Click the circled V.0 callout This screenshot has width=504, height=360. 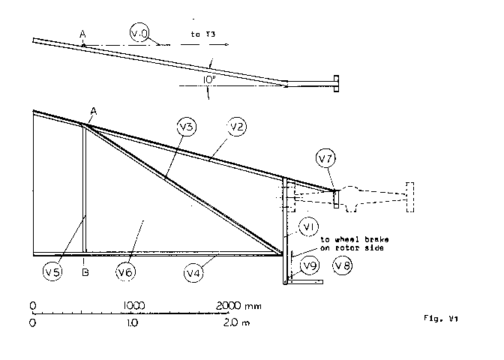click(140, 33)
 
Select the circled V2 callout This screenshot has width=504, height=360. click(237, 127)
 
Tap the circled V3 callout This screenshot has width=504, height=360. click(187, 127)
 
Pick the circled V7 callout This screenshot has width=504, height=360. click(325, 159)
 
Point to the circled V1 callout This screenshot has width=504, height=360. click(309, 225)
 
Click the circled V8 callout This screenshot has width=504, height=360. click(343, 265)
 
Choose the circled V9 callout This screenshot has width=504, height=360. click(308, 265)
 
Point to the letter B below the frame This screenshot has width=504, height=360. click(85, 273)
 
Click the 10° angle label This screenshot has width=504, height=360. click(208, 78)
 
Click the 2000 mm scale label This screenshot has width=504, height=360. click(239, 305)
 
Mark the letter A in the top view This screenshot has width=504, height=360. click(83, 34)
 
